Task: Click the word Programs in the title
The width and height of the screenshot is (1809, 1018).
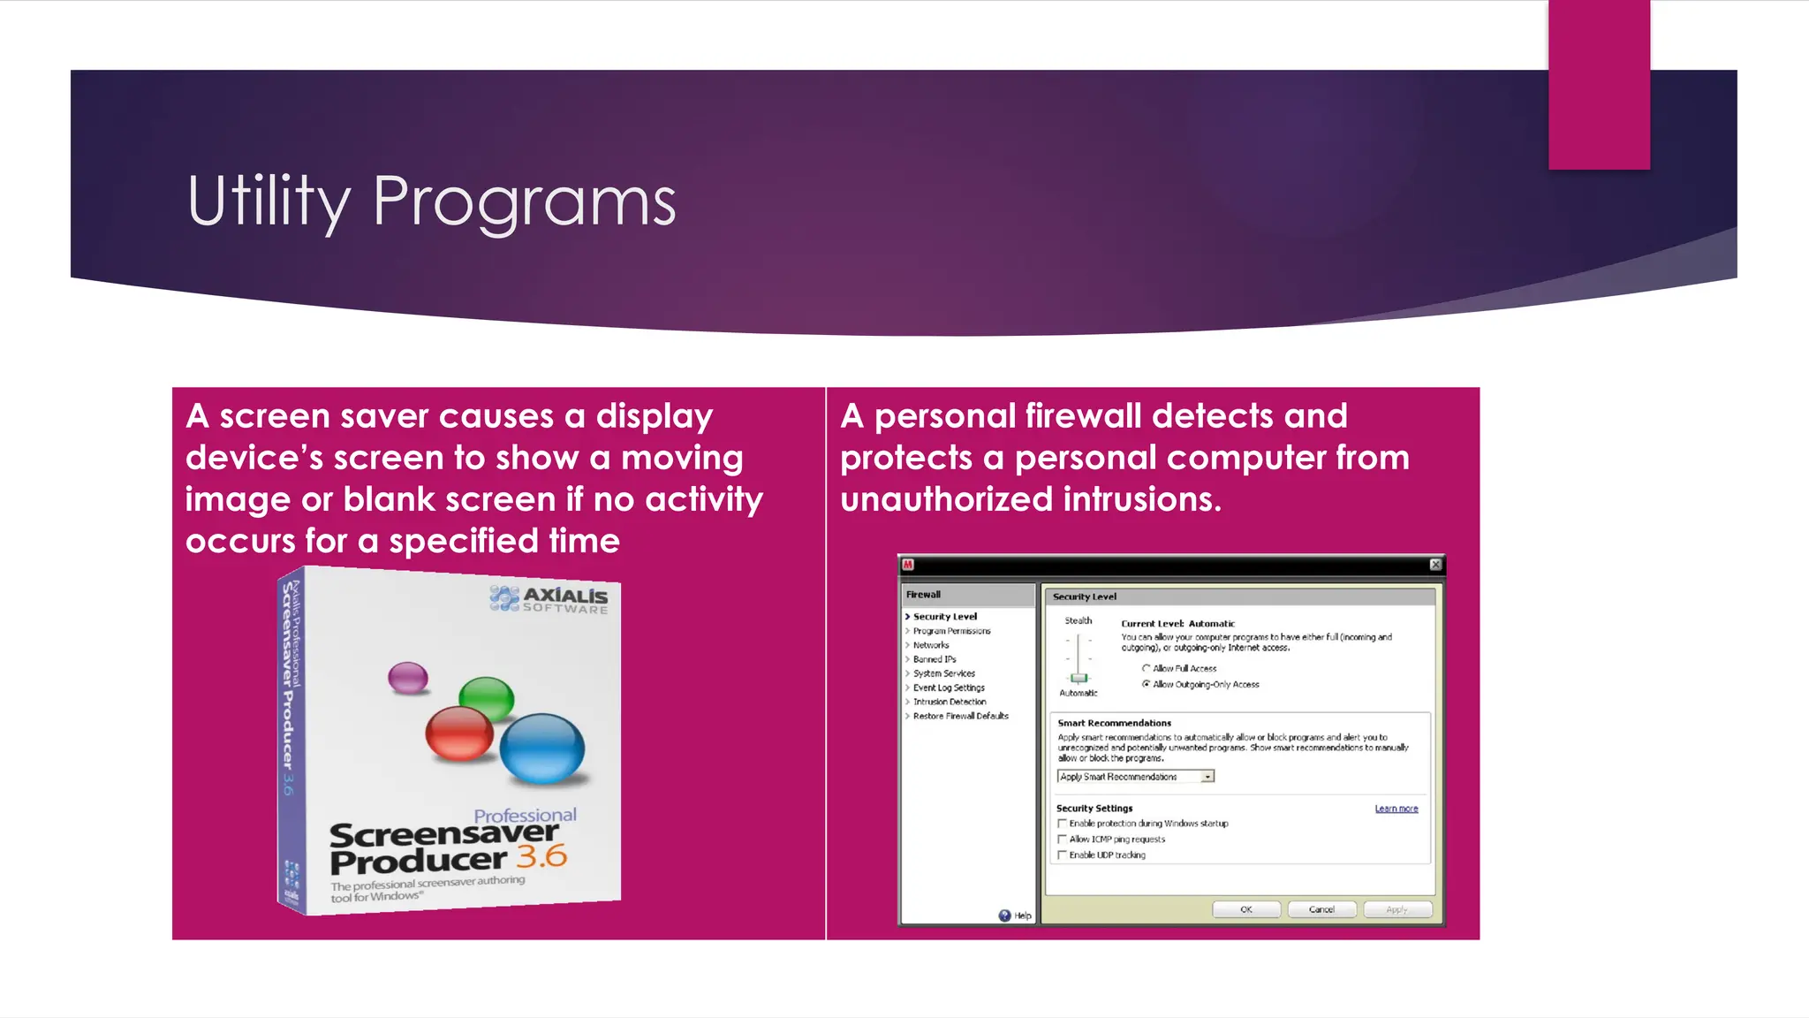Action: click(524, 201)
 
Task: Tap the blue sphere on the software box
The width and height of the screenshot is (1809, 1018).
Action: click(541, 748)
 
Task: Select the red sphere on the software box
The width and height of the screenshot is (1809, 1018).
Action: click(458, 733)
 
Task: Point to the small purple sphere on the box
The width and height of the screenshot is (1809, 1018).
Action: click(408, 678)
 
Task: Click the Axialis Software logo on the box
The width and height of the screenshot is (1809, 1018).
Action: click(549, 599)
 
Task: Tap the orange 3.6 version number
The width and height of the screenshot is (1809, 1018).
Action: click(541, 855)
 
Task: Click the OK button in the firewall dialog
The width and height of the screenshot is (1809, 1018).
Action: click(1245, 909)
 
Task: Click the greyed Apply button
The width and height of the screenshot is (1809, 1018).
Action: click(1396, 909)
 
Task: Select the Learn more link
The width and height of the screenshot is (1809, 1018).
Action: click(1396, 809)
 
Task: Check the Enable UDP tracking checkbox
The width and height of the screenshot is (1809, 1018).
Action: click(1063, 855)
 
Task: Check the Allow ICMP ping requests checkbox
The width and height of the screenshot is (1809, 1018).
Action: click(1063, 839)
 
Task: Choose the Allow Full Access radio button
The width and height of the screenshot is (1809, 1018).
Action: click(1146, 668)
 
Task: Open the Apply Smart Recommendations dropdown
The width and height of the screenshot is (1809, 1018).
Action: click(1207, 777)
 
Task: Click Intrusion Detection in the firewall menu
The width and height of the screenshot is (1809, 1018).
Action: click(950, 702)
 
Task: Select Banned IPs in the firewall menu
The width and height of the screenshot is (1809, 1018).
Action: click(935, 659)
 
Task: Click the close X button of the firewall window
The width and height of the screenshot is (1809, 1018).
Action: click(1435, 564)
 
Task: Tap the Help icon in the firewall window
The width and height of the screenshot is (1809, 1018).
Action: click(1005, 915)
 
